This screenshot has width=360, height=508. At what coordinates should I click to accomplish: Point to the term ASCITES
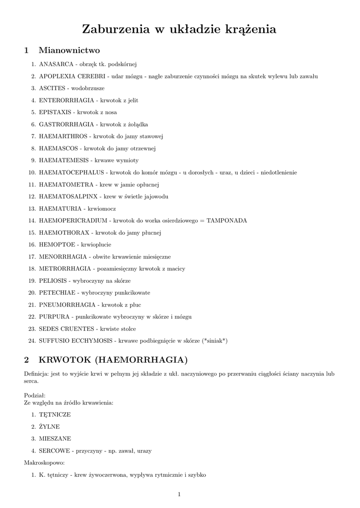click(52, 88)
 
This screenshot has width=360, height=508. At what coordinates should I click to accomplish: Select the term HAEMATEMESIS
click(64, 160)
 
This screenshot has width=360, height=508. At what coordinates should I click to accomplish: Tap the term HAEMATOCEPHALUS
click(72, 173)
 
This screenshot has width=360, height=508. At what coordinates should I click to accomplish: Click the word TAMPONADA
click(226, 220)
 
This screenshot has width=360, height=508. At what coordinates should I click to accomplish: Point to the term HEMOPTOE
click(57, 245)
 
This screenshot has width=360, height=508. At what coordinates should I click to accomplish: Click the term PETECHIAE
click(55, 293)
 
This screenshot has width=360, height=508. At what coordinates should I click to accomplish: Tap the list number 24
click(31, 341)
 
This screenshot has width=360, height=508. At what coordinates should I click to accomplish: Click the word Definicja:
click(36, 374)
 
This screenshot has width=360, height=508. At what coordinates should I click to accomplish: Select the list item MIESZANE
click(55, 439)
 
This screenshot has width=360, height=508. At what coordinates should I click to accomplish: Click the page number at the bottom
click(179, 494)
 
